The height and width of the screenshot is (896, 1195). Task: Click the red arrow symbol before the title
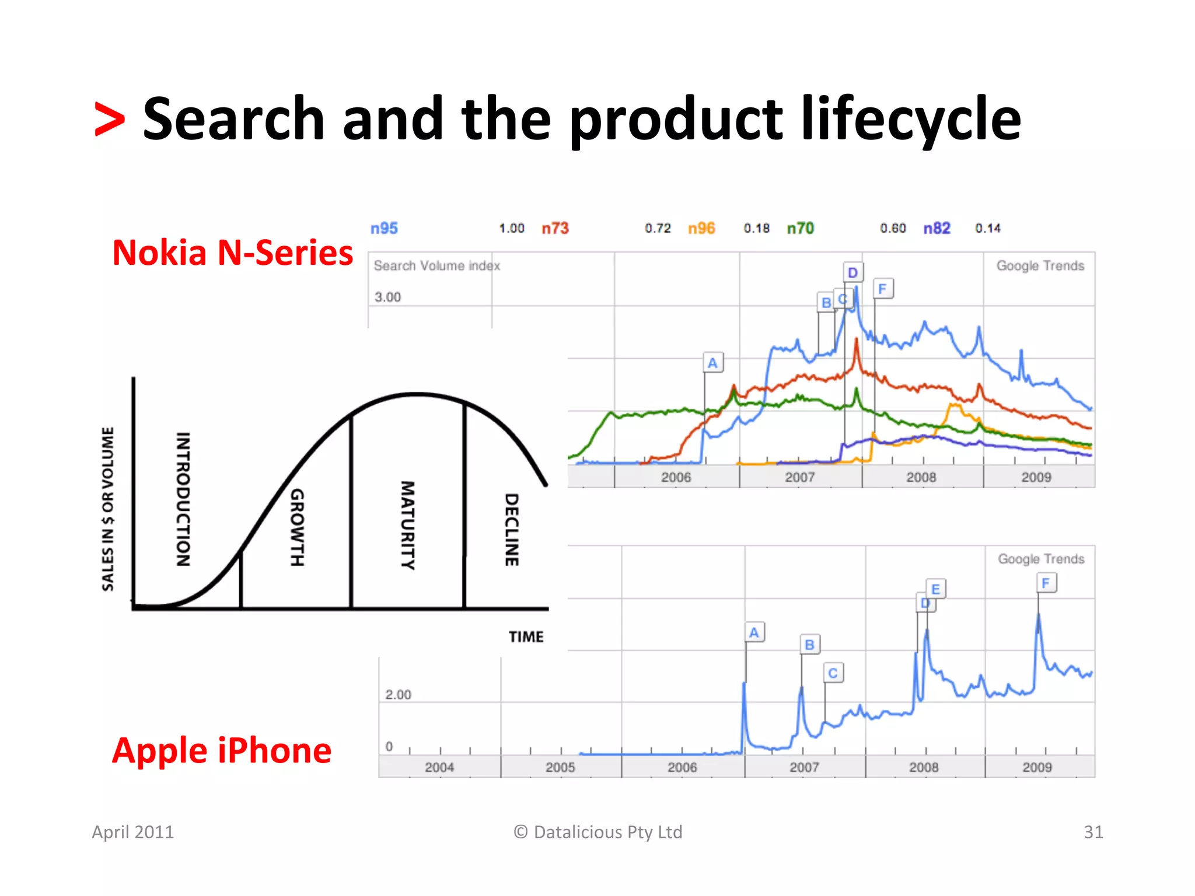tap(110, 120)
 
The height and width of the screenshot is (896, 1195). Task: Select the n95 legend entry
tap(384, 228)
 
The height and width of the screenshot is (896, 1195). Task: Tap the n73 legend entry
tap(555, 228)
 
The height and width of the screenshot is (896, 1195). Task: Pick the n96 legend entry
tap(701, 228)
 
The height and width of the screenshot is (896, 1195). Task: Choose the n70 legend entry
tap(800, 228)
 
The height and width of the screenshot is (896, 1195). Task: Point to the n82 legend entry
tap(937, 228)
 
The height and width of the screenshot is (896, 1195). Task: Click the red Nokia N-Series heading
tap(232, 253)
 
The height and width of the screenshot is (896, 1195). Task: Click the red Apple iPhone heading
tap(222, 750)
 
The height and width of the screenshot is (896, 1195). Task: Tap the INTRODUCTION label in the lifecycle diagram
tap(183, 499)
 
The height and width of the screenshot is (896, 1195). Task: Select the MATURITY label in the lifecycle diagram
tap(407, 524)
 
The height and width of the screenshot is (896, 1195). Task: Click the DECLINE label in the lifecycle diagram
tap(511, 529)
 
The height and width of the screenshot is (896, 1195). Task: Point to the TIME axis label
tap(526, 636)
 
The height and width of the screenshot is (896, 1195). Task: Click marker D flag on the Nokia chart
tap(852, 272)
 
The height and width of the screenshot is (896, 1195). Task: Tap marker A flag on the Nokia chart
tap(712, 363)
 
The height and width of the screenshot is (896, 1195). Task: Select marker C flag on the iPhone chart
tap(833, 673)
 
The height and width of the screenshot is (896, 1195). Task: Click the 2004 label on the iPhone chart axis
tap(439, 767)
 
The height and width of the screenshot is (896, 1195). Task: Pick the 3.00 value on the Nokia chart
tap(387, 297)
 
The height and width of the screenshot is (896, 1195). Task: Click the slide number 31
tap(1093, 832)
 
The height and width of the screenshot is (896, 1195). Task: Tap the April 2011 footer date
tap(133, 832)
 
